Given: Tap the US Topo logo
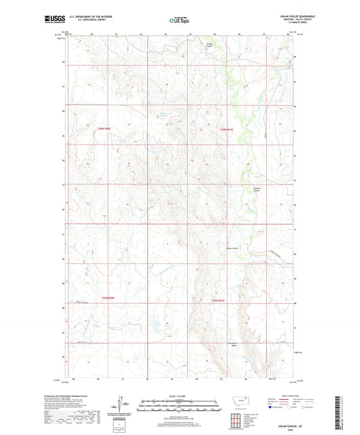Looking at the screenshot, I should [x=177, y=21].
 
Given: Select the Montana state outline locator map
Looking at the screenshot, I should [x=238, y=401].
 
